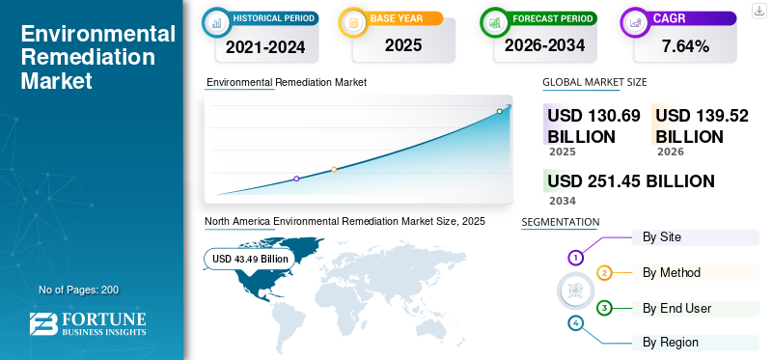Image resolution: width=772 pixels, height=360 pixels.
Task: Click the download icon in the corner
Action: coord(758,11)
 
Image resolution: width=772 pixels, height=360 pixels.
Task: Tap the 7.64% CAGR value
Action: coord(685,46)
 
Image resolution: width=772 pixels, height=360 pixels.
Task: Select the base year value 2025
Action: coord(403,45)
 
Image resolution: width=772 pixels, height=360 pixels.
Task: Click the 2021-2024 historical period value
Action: coord(265,47)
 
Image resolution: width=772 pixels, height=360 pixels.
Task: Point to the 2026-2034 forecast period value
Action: coord(544,45)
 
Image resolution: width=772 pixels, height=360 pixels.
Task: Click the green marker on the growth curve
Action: coord(499,111)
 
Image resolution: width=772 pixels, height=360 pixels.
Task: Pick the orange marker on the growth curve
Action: coord(334,170)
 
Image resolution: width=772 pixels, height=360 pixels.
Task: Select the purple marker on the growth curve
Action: coord(296,179)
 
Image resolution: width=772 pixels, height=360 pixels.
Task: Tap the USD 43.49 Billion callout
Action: coord(250,259)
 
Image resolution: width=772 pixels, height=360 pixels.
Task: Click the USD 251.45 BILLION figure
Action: coord(631,181)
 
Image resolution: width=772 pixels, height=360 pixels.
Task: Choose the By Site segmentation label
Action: coord(662,236)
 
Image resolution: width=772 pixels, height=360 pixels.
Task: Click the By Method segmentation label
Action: coord(672,272)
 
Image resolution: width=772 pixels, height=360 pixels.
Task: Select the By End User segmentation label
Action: coord(677,308)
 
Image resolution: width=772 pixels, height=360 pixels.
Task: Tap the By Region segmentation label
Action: coord(671,343)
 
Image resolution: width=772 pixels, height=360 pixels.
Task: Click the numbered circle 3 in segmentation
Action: coord(604,308)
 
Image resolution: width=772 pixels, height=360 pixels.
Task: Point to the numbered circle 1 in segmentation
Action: coord(575,258)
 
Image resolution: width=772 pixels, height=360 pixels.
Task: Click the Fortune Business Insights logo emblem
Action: coord(43,324)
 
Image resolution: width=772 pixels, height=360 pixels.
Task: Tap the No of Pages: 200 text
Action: coord(79,290)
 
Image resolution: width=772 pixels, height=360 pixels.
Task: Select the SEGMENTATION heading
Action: coord(561,222)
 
